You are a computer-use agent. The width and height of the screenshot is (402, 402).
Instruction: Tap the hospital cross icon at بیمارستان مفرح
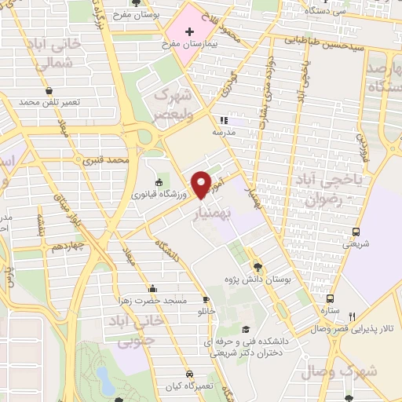[188, 32]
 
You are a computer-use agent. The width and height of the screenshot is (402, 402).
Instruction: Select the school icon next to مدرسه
[224, 121]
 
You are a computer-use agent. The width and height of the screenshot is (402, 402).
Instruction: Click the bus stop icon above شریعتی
[356, 232]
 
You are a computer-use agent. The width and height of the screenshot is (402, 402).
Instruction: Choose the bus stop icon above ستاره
[330, 298]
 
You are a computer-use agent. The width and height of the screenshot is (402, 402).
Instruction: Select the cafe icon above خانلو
[206, 300]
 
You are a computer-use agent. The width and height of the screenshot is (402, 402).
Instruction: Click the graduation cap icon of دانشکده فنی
[247, 329]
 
